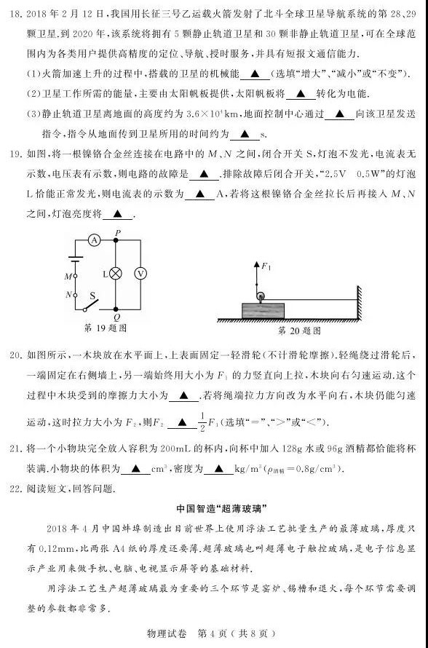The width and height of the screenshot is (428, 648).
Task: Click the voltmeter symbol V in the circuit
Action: pyautogui.click(x=143, y=273)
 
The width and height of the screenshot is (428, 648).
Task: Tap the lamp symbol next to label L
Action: pyautogui.click(x=116, y=273)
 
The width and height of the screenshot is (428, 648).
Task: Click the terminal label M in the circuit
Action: pyautogui.click(x=66, y=277)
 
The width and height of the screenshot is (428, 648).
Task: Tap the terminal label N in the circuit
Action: pyautogui.click(x=66, y=295)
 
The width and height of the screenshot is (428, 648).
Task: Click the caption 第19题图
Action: pyautogui.click(x=106, y=328)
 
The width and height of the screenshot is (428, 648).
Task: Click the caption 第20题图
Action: pyautogui.click(x=300, y=330)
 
